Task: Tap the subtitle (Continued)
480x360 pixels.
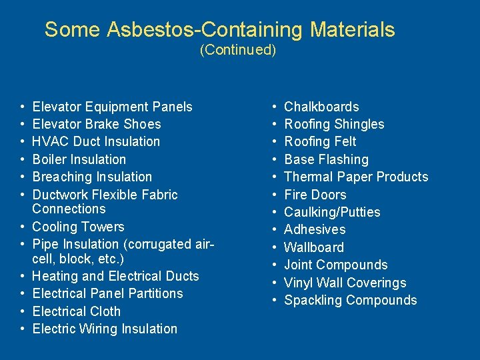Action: point(238,50)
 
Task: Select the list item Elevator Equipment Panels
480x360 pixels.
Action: point(112,107)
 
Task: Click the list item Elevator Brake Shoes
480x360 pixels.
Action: point(97,124)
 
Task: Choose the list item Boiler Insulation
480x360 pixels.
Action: point(79,159)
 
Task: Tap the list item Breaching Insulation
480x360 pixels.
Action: point(92,177)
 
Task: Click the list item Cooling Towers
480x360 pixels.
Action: point(78,227)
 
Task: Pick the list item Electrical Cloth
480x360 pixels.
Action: point(77,311)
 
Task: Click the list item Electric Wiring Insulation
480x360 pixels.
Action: point(105,329)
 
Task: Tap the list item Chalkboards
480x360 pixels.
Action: point(321,107)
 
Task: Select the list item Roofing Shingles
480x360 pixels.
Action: point(334,124)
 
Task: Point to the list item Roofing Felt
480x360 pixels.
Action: point(320,141)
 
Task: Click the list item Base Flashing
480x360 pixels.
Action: point(326,159)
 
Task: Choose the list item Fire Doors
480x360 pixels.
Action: point(315,195)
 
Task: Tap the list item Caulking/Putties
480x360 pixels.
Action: point(332,212)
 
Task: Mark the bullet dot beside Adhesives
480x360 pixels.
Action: point(275,230)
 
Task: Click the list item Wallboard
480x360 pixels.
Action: point(314,247)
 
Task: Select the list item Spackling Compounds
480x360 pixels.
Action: point(350,300)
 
